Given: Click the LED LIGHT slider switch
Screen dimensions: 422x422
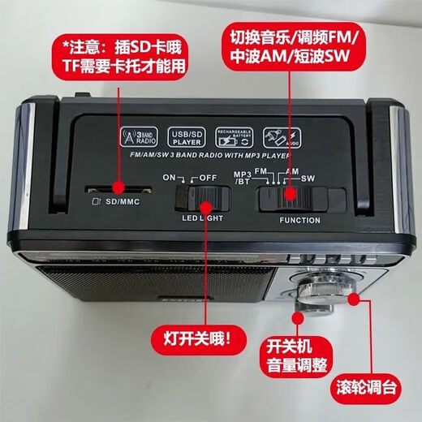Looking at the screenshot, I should [197, 199].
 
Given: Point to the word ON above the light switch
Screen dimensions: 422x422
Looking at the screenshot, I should [169, 177].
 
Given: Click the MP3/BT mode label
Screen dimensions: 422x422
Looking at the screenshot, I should [243, 179].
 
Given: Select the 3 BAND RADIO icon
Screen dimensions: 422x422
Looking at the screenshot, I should [138, 136].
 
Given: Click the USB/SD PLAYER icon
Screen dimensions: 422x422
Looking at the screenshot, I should [187, 136].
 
